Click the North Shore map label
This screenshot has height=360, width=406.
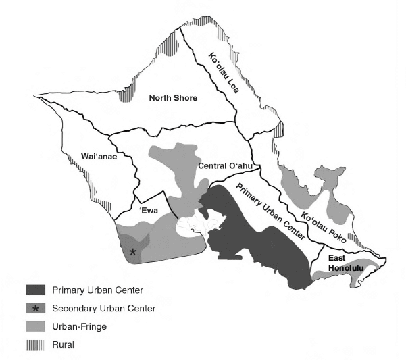click(173, 99)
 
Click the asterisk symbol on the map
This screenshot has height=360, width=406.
click(133, 252)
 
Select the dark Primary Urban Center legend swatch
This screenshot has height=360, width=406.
click(36, 291)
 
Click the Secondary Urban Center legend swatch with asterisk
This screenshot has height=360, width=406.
click(36, 309)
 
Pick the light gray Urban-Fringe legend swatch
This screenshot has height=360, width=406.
click(36, 326)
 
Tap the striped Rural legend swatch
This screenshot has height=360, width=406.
click(36, 344)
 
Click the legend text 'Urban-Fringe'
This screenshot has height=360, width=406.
click(78, 326)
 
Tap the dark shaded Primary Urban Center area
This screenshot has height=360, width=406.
click(257, 243)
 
